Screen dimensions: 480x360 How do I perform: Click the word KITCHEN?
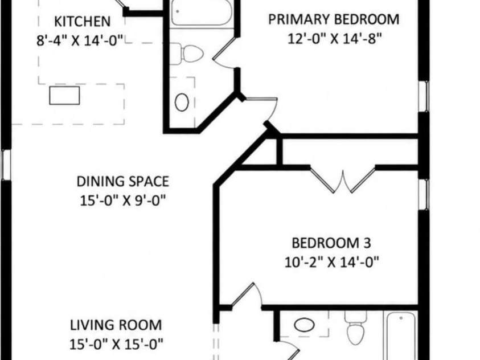click(83, 22)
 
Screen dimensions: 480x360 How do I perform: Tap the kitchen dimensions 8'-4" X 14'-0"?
click(80, 40)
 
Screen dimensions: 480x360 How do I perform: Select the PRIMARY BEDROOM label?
click(334, 19)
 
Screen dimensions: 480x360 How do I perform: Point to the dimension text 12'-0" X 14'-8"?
click(335, 39)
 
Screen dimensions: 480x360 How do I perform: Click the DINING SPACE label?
click(123, 182)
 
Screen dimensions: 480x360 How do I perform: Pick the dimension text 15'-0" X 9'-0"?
click(123, 201)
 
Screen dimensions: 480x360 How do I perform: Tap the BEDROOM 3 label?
click(331, 243)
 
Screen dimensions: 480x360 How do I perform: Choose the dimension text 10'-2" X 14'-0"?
click(332, 263)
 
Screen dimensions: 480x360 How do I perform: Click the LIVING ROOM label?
click(116, 325)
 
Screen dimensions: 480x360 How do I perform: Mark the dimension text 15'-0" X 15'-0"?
click(116, 345)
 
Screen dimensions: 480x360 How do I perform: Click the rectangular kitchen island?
click(64, 95)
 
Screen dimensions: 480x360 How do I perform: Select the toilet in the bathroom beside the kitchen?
click(187, 54)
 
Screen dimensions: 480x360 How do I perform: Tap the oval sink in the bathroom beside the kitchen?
click(182, 102)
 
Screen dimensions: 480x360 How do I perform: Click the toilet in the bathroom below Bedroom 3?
click(355, 328)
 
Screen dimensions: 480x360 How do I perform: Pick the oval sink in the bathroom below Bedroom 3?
click(304, 325)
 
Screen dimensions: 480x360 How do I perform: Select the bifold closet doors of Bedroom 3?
click(343, 181)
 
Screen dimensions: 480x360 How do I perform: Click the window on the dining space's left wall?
click(6, 165)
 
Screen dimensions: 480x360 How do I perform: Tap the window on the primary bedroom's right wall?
click(424, 96)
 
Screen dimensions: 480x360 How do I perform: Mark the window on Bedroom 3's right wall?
click(424, 194)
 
